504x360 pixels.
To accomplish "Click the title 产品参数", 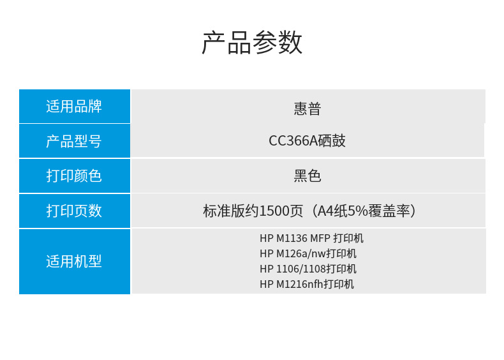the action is point(252,42).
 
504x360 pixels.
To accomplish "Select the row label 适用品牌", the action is point(74,106).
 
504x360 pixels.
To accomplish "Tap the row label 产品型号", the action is point(74,141).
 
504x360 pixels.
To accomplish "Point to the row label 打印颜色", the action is point(74,176).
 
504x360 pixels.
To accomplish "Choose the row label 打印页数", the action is point(74,211).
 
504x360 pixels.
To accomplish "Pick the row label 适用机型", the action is point(74,261).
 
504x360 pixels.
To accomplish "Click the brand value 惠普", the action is point(308,109).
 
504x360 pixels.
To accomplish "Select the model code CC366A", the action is point(293,141).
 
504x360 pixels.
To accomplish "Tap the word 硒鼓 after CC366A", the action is point(332,140).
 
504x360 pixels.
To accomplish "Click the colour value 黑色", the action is point(308,176).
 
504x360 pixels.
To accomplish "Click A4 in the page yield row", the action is point(325,211).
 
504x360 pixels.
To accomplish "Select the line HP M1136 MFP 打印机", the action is point(311,238).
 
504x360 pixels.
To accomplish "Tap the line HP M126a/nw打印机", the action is point(308,253).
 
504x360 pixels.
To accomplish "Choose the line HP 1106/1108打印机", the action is point(308,269).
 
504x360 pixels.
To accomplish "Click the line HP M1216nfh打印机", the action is point(307,284).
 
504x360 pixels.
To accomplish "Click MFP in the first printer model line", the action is point(320,238).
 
